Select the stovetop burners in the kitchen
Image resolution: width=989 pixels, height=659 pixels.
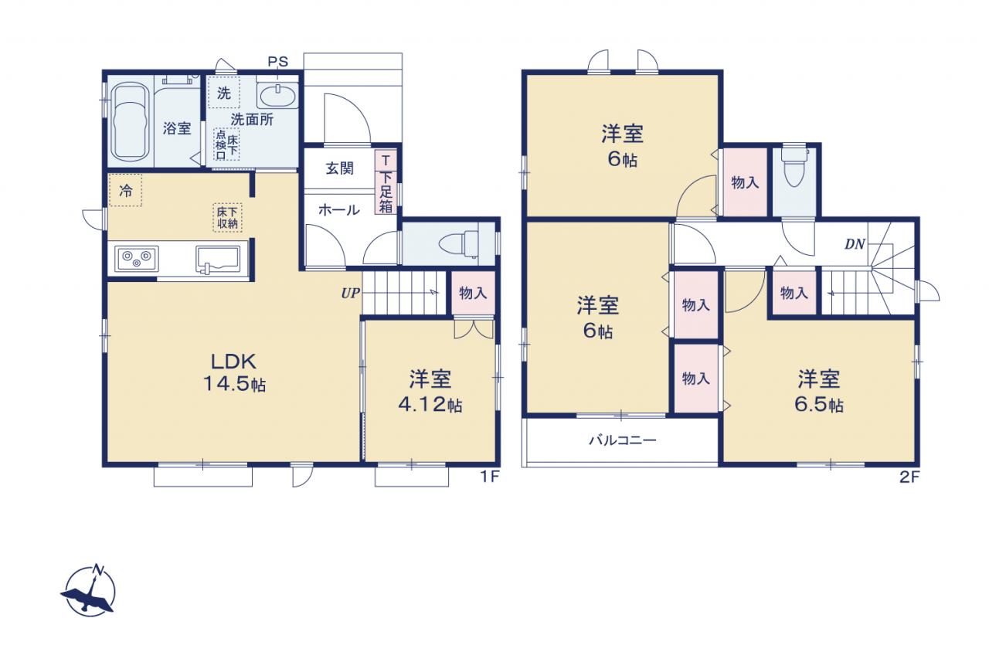[137, 259]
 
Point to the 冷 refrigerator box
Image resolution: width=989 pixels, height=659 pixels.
[125, 190]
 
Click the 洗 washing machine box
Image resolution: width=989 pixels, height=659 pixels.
[224, 92]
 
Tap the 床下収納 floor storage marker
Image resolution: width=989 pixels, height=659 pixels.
[227, 217]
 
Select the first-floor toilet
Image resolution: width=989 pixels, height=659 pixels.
[459, 243]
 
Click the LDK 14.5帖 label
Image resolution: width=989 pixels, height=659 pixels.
[234, 373]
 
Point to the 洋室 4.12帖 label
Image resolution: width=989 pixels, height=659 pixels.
[430, 391]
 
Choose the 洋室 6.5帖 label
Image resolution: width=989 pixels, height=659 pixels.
[818, 391]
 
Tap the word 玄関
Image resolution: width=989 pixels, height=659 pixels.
[339, 168]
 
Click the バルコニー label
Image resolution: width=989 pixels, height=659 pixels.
[623, 440]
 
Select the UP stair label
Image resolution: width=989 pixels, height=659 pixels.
[350, 293]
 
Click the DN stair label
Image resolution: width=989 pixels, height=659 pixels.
[855, 244]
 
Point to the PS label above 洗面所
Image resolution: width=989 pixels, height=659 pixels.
[277, 62]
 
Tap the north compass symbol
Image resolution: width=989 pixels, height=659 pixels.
[89, 590]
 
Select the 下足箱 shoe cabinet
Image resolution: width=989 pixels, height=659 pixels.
[386, 182]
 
